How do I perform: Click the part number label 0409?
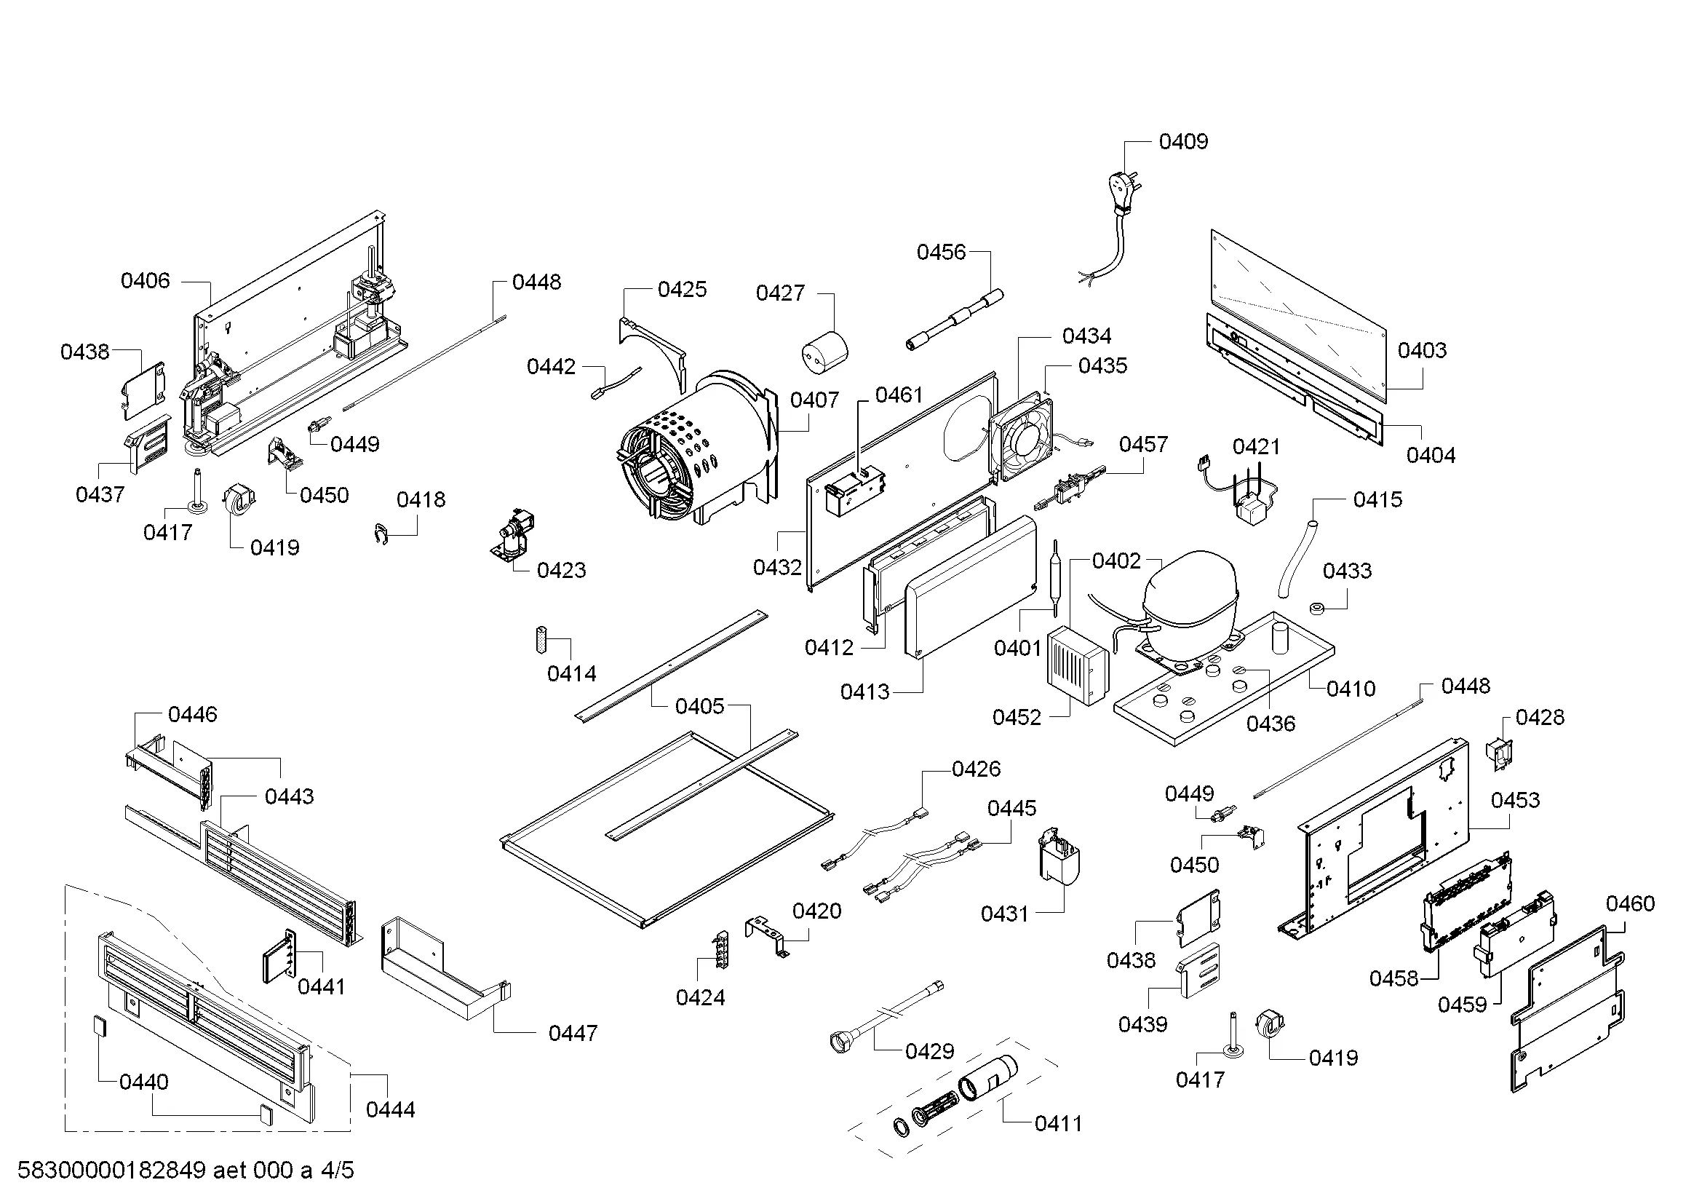coord(1183,142)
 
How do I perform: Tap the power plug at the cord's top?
coord(1119,188)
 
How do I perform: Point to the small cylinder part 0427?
coord(825,352)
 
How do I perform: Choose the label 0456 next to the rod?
coord(942,253)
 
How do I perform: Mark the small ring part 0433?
coord(1317,609)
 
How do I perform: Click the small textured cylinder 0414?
coord(541,641)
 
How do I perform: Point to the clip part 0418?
coord(381,534)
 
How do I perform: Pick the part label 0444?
coord(391,1110)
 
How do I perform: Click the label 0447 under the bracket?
coord(573,1033)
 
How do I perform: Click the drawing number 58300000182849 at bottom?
coord(111,1171)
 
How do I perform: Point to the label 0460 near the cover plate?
coord(1630,904)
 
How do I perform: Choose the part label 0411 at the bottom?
coord(1059,1124)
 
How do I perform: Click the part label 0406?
coord(146,281)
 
